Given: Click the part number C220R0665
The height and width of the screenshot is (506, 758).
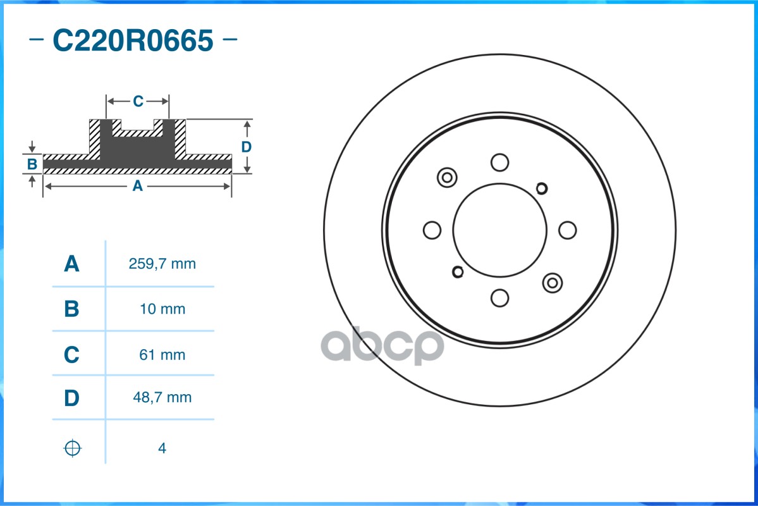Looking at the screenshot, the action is click(x=133, y=40).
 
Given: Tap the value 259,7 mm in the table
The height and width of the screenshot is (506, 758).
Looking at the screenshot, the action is click(x=162, y=264).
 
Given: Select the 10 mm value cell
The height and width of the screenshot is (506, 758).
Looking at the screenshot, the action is click(x=162, y=309).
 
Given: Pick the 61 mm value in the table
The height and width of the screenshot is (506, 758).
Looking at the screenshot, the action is click(x=162, y=355).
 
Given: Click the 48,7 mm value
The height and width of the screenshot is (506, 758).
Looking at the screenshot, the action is click(x=162, y=397).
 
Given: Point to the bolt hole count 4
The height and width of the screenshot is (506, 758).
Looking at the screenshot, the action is click(x=162, y=448).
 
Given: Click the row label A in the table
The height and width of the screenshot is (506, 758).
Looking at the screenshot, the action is click(x=71, y=264).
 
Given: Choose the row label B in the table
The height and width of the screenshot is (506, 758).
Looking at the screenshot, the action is click(x=71, y=309).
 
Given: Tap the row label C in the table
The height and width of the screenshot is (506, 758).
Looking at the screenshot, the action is click(x=71, y=355).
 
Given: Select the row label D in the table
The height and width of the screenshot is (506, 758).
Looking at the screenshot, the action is click(x=71, y=398).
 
